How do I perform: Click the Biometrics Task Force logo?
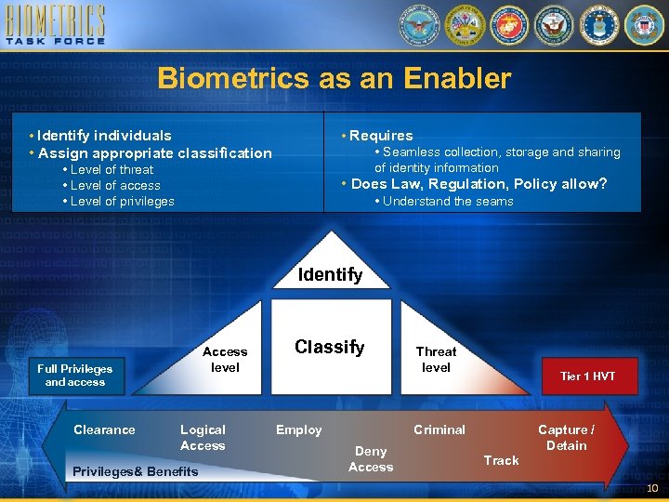pos(55,26)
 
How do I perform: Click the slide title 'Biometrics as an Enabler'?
pos(334,78)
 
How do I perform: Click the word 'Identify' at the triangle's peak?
pos(330,274)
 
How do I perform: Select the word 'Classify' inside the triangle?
pos(329,347)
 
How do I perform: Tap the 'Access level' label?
pos(225,359)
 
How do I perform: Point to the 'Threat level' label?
pos(436,359)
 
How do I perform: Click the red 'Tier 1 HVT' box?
pos(586,376)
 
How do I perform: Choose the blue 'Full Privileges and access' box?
pos(75,375)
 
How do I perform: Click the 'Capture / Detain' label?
pos(566,437)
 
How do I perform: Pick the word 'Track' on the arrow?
pos(501,460)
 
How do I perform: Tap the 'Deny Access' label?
pos(371,458)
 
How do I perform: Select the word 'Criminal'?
pos(439,429)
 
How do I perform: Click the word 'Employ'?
pos(298,429)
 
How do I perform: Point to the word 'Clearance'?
pos(104,429)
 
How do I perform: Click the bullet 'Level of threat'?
pos(111,169)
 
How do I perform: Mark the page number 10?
pos(652,489)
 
